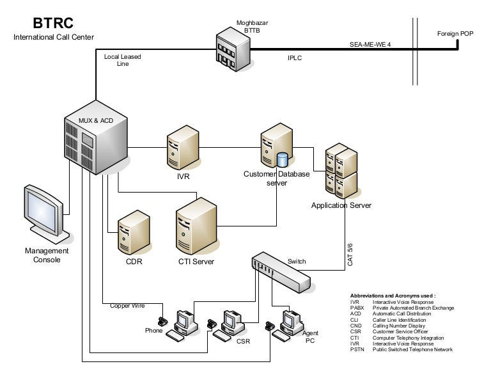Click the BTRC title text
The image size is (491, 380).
point(54,24)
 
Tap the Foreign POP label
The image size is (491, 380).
point(455,33)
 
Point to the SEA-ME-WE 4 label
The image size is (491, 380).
point(370,45)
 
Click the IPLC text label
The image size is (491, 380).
point(294,58)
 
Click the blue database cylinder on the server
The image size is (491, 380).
point(283,159)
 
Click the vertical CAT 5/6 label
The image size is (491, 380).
point(350,254)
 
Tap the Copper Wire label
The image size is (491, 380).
point(127,306)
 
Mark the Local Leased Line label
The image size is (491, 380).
point(123,60)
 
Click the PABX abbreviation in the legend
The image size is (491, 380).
point(356,308)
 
